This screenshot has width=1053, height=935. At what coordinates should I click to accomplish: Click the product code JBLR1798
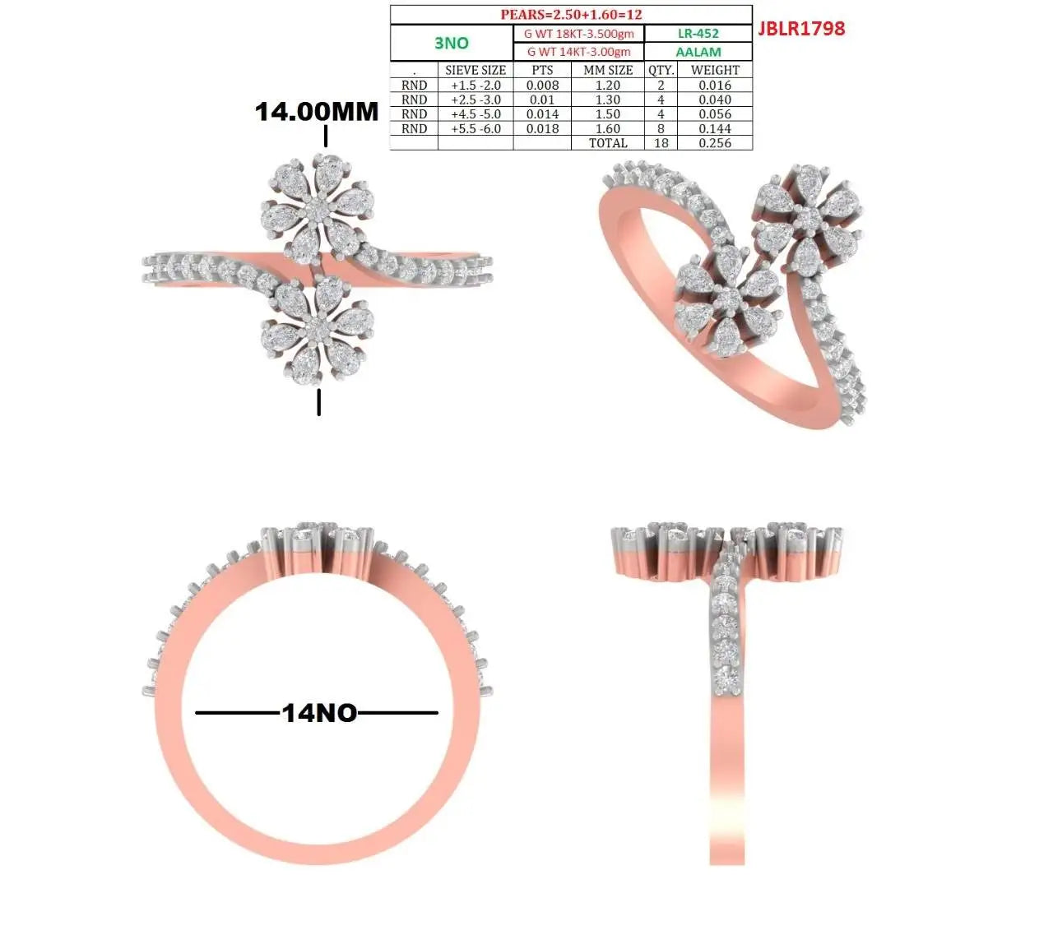[801, 29]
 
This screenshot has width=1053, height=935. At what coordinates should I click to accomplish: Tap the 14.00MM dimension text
[317, 112]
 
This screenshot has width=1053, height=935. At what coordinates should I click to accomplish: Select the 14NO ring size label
[319, 712]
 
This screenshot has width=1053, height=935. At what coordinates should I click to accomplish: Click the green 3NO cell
[451, 43]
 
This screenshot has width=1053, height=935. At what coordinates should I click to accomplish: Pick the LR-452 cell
[698, 34]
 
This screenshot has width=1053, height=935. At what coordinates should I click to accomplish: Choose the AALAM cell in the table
[698, 52]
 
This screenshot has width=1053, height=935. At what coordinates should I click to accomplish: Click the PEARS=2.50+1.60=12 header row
[571, 15]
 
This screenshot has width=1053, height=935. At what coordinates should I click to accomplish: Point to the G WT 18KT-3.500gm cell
[578, 34]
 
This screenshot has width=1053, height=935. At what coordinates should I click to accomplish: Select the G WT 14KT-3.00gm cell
[578, 52]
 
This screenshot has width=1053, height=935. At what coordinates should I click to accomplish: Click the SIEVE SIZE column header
[475, 70]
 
